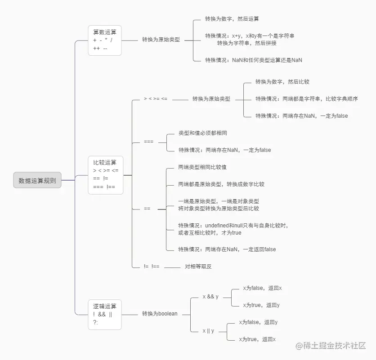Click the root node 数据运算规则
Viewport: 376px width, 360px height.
(37, 180)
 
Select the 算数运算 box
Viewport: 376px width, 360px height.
(105, 40)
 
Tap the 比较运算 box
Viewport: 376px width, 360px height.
(105, 174)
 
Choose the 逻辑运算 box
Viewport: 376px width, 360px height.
(105, 314)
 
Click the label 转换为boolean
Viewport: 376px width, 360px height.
(160, 314)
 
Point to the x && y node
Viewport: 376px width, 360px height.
(210, 297)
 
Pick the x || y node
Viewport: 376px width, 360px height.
(208, 331)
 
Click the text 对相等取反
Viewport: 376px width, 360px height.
(198, 267)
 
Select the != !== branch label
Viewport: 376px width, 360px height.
(152, 267)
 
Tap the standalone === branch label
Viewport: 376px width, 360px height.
(148, 142)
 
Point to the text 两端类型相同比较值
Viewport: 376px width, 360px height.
(202, 167)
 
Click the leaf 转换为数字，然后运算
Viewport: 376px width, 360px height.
(232, 19)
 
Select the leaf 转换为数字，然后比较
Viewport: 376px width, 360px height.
(282, 82)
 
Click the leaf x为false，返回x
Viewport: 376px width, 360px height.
(262, 288)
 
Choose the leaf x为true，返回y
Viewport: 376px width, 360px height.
(261, 305)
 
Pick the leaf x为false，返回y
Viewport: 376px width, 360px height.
(258, 322)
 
